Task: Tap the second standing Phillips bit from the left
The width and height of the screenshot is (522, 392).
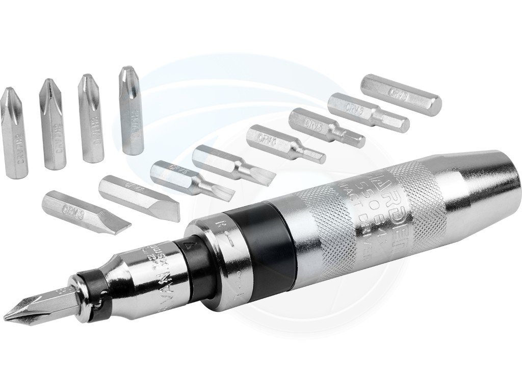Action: click(x=53, y=125)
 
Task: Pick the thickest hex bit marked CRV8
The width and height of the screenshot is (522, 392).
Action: click(x=401, y=95)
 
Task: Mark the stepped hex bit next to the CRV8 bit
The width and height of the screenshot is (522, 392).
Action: click(x=367, y=113)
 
